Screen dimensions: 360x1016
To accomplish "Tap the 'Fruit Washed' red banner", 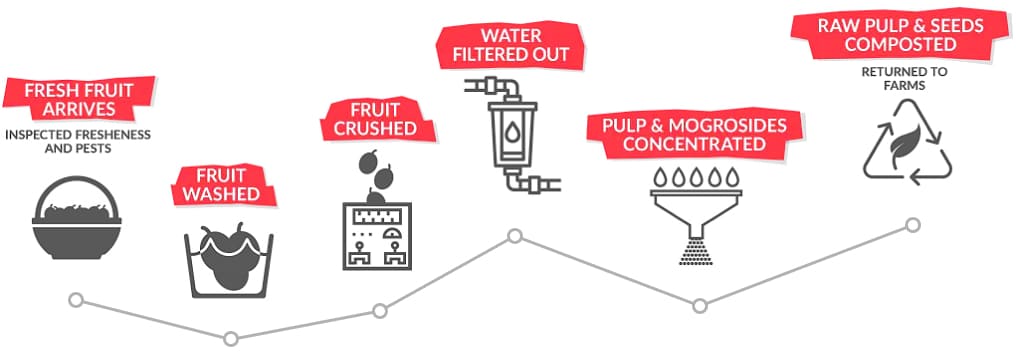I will (220, 185).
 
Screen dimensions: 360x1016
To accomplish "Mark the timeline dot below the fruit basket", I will (75, 299).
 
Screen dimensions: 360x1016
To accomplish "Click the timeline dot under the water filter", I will (515, 236).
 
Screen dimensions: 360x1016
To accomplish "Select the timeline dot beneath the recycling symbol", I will (912, 225).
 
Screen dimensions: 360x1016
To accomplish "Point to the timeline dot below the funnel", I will (699, 305).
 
